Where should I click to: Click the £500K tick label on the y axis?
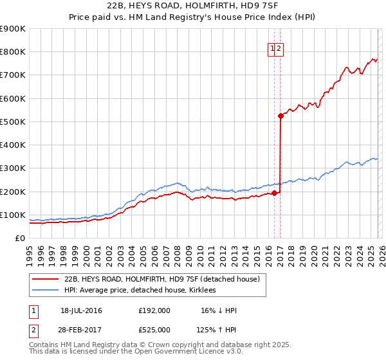13,122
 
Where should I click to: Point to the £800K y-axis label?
13,52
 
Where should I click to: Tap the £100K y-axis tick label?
13,215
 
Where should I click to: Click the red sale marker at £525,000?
281,116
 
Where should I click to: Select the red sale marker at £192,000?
274,193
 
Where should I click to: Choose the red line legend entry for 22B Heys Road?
161,279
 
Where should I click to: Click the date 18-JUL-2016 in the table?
81,310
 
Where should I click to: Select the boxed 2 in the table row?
33,329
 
